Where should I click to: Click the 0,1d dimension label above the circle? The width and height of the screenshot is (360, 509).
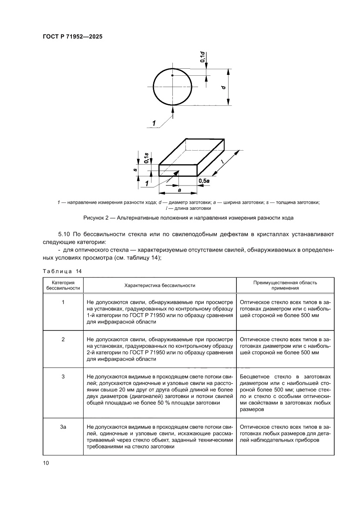click(x=202, y=57)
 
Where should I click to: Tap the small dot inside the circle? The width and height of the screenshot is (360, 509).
click(x=173, y=76)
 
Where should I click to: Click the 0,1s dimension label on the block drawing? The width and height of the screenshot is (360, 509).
click(x=147, y=158)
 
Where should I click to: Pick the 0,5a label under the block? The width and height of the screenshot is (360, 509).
click(x=203, y=180)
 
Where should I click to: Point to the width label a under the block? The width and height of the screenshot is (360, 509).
click(x=179, y=189)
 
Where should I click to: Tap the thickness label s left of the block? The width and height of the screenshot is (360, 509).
click(x=136, y=170)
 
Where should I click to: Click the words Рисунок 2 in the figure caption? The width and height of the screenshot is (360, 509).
click(x=96, y=217)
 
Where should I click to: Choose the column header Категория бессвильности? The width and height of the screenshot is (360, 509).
click(x=63, y=285)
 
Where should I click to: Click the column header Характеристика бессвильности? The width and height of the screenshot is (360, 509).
click(x=160, y=285)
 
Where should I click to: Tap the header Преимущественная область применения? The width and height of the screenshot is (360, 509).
click(x=285, y=285)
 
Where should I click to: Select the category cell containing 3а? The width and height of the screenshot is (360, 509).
click(x=63, y=427)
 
